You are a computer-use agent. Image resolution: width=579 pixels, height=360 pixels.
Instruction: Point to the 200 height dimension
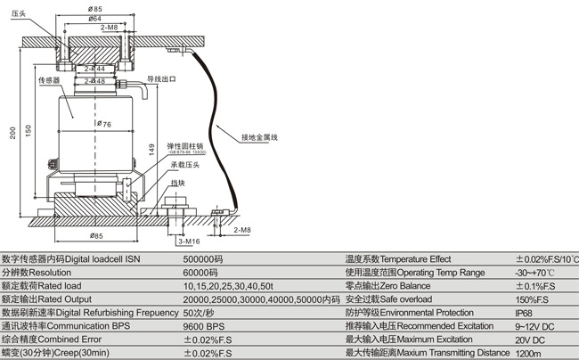tap(12, 132)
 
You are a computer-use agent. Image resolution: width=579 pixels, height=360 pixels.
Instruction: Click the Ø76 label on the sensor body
tap(104, 124)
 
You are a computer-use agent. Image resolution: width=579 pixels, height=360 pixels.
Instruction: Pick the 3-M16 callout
tap(188, 241)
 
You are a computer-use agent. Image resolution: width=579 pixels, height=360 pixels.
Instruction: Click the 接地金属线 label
tap(259, 137)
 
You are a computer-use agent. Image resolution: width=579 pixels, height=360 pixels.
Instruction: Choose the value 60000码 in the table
tap(200, 272)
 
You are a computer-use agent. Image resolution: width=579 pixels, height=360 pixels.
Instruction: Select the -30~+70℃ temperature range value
tap(534, 272)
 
